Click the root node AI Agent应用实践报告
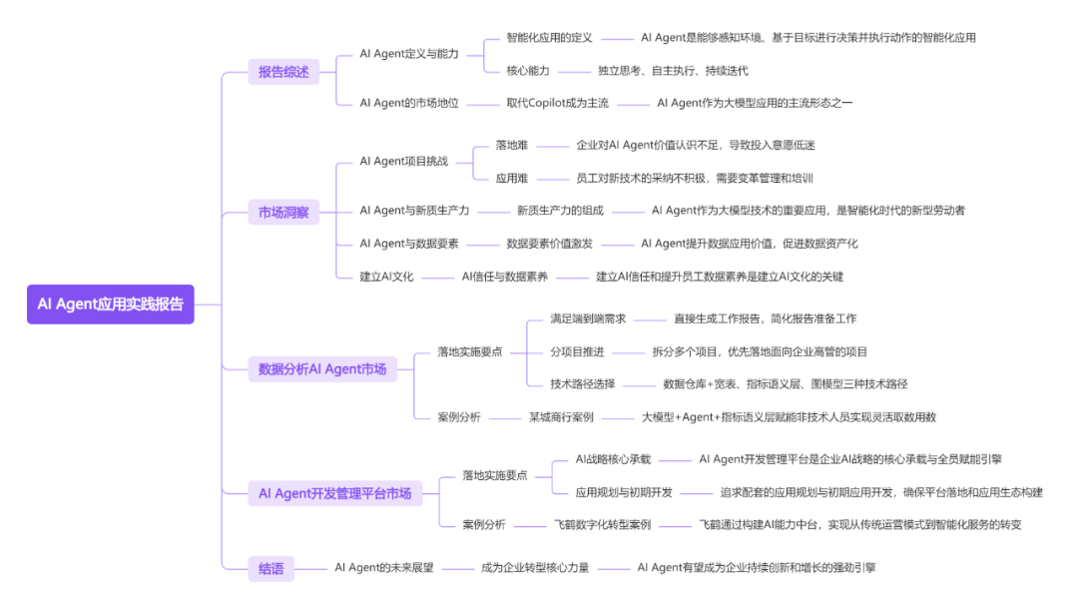pyautogui.click(x=110, y=304)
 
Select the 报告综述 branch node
pyautogui.click(x=283, y=71)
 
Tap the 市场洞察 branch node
pyautogui.click(x=283, y=212)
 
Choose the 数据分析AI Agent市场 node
pyautogui.click(x=322, y=368)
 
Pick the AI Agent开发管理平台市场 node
pyautogui.click(x=334, y=492)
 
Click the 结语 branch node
pyautogui.click(x=270, y=569)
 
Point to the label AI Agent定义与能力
pyautogui.click(x=409, y=53)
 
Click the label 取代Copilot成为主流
pyautogui.click(x=557, y=103)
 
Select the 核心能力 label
pyautogui.click(x=529, y=70)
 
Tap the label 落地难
pyautogui.click(x=512, y=145)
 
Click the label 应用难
pyautogui.click(x=512, y=178)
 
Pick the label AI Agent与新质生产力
pyautogui.click(x=414, y=211)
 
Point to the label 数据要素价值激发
pyautogui.click(x=549, y=243)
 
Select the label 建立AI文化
pyautogui.click(x=386, y=276)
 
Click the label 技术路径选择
pyautogui.click(x=583, y=383)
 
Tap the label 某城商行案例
pyautogui.click(x=561, y=416)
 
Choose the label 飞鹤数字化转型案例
pyautogui.click(x=603, y=524)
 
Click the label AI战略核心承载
pyautogui.click(x=613, y=459)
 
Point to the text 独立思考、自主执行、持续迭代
pyautogui.click(x=673, y=70)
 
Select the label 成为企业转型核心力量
pyautogui.click(x=535, y=567)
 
